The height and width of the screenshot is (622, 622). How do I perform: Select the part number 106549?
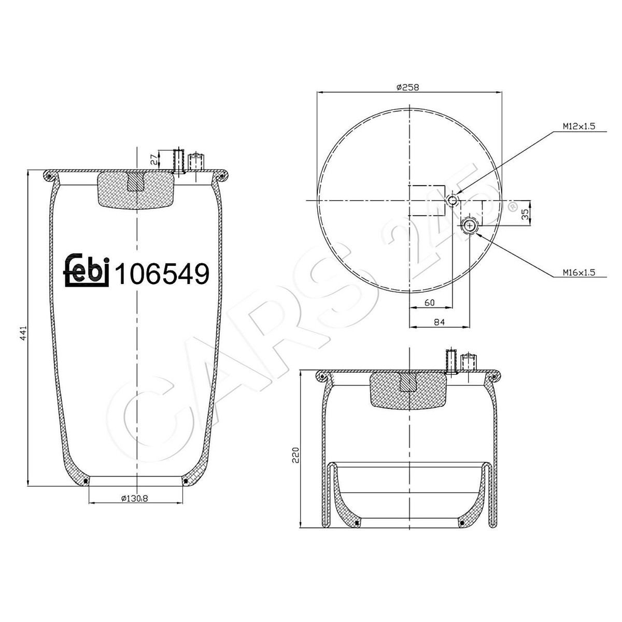pos(162,274)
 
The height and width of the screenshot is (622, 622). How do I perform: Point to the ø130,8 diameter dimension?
pos(135,499)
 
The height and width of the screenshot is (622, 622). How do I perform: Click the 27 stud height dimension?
pos(154,160)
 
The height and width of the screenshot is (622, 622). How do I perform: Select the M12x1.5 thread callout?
pos(579,126)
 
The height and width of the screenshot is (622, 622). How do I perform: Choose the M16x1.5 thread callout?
pos(579,273)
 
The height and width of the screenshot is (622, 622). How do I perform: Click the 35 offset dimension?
pos(526,214)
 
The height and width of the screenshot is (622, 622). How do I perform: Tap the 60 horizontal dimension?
pos(430,302)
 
